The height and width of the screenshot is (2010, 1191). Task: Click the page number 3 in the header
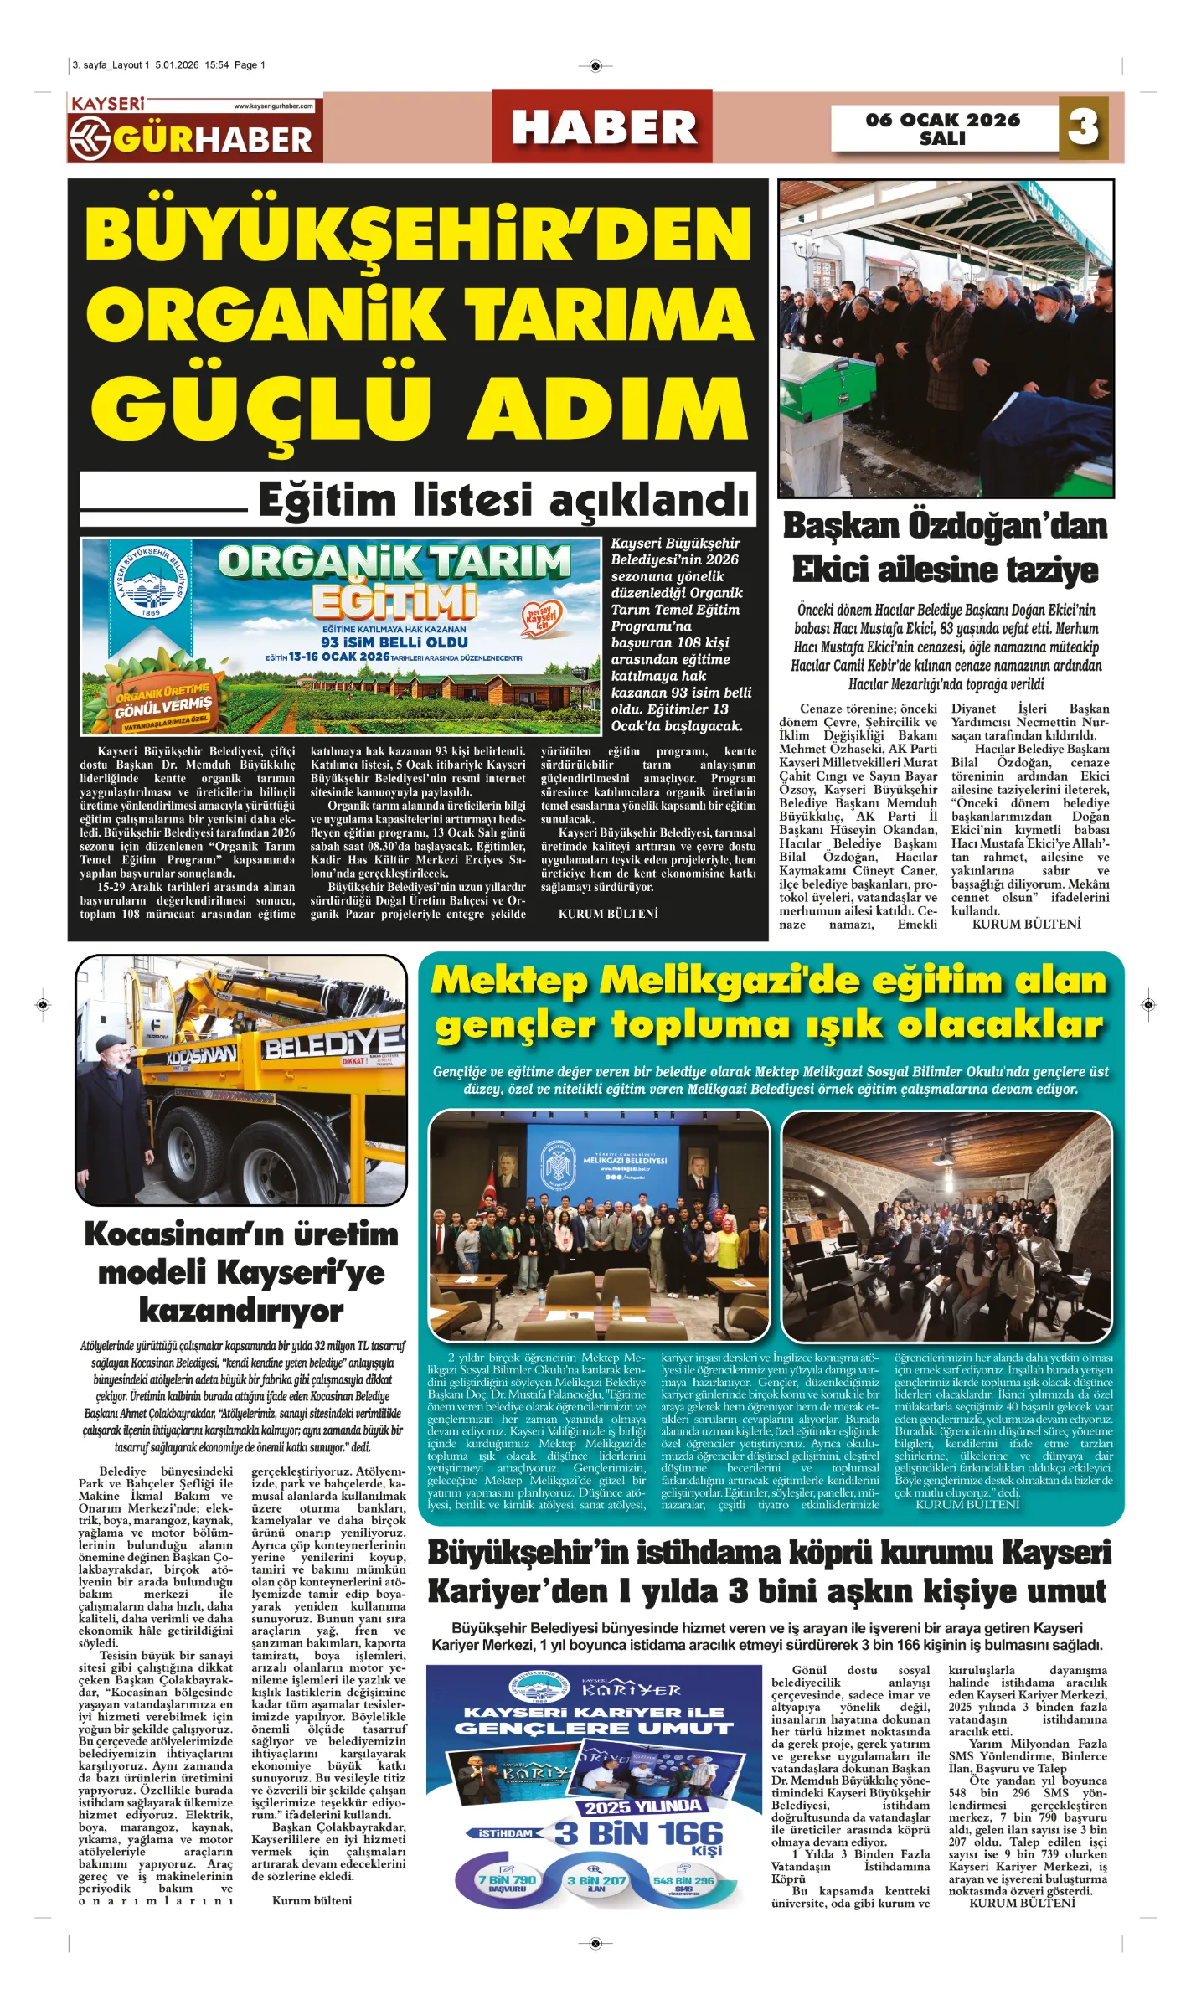pyautogui.click(x=1083, y=127)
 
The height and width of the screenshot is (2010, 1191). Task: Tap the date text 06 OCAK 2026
pyautogui.click(x=942, y=120)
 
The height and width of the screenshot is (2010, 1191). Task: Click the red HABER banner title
pyautogui.click(x=603, y=128)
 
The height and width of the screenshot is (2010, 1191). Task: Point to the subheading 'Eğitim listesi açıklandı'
pyautogui.click(x=503, y=500)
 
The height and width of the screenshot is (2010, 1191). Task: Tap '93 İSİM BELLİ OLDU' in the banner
pyautogui.click(x=394, y=642)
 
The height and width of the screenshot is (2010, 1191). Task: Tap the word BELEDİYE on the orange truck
pyautogui.click(x=335, y=1043)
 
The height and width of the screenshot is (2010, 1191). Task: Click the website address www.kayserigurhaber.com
pyautogui.click(x=273, y=106)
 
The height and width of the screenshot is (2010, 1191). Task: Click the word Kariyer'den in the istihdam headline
pyautogui.click(x=517, y=1591)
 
